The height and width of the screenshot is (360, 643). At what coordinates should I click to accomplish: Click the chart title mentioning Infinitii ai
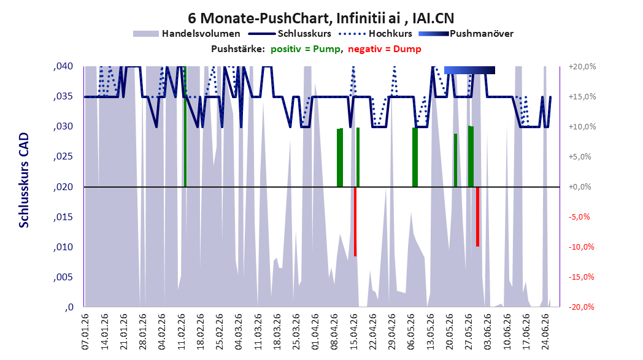pos(321,18)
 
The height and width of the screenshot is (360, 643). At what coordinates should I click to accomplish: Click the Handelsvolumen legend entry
pos(187,34)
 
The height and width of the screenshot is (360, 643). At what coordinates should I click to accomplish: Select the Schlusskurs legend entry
pos(292,34)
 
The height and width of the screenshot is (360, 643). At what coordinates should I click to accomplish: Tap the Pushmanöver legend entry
pos(466,34)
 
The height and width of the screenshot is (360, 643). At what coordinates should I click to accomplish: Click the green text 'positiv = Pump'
pos(306,49)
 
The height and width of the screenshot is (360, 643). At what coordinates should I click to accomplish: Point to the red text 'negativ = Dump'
pos(385,49)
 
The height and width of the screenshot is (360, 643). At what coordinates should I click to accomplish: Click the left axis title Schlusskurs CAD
pos(24,180)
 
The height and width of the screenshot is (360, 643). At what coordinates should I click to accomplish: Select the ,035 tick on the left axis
pos(63,96)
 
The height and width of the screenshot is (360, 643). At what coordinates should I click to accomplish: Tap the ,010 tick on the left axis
pos(63,247)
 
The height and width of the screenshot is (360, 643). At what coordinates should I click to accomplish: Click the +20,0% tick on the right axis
pos(582,66)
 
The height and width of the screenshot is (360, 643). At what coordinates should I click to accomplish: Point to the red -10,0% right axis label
pos(582,247)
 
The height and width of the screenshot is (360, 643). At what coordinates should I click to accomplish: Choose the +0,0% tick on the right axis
pos(580,186)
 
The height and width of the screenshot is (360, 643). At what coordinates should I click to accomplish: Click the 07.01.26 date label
pos(85,332)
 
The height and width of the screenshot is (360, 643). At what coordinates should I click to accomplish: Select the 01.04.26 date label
pos(315,332)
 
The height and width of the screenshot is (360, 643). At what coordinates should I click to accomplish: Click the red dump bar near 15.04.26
pos(355,221)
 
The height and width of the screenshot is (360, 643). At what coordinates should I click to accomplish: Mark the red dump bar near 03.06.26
pos(478,216)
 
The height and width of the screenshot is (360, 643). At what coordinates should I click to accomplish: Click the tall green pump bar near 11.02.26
pos(185,126)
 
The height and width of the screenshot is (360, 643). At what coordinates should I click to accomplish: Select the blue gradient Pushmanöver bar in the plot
pos(469,70)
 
